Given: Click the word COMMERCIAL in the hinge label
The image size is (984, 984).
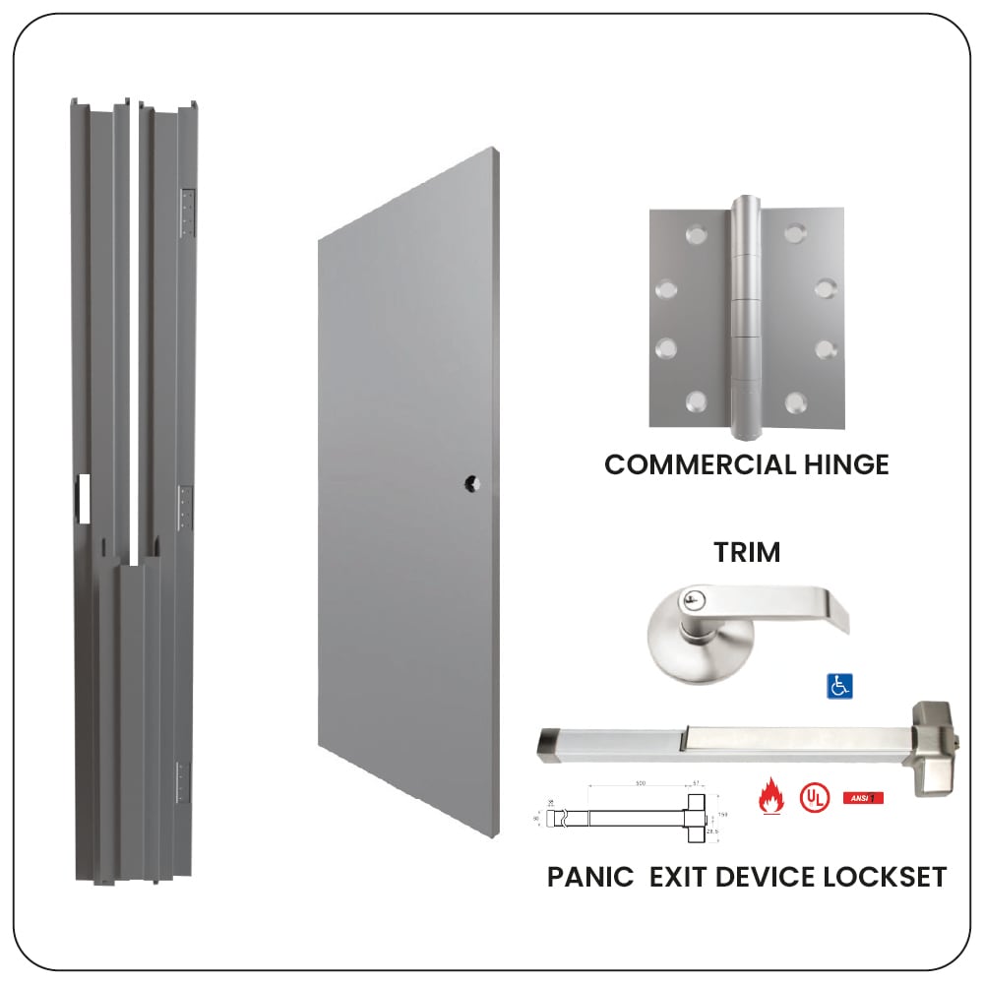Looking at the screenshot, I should click(690, 464).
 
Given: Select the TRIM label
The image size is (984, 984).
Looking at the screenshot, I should click(747, 553).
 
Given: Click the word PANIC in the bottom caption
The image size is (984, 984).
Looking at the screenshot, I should click(590, 876).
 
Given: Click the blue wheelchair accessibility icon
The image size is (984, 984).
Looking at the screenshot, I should click(838, 686).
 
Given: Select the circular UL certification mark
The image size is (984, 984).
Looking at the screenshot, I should click(813, 795).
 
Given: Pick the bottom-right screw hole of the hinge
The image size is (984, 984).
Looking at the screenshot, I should click(795, 400).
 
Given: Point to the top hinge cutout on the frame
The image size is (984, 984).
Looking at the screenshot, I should click(187, 214).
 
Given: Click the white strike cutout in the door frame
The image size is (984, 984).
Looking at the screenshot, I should click(84, 497).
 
